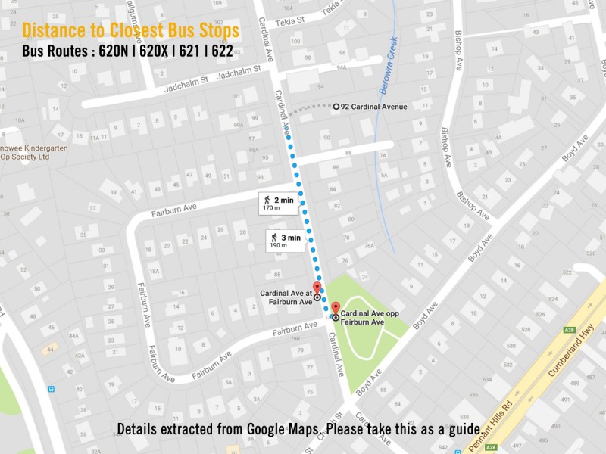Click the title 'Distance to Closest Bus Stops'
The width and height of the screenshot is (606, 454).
point(130,31)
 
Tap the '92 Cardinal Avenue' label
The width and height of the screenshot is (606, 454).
point(374,107)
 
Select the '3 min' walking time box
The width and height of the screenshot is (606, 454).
point(286,240)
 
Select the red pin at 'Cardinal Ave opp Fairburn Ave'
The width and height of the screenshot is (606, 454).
point(336,309)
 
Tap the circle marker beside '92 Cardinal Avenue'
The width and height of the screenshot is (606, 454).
point(336,107)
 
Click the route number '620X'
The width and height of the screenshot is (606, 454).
point(154,53)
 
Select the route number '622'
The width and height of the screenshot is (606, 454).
point(222,53)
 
